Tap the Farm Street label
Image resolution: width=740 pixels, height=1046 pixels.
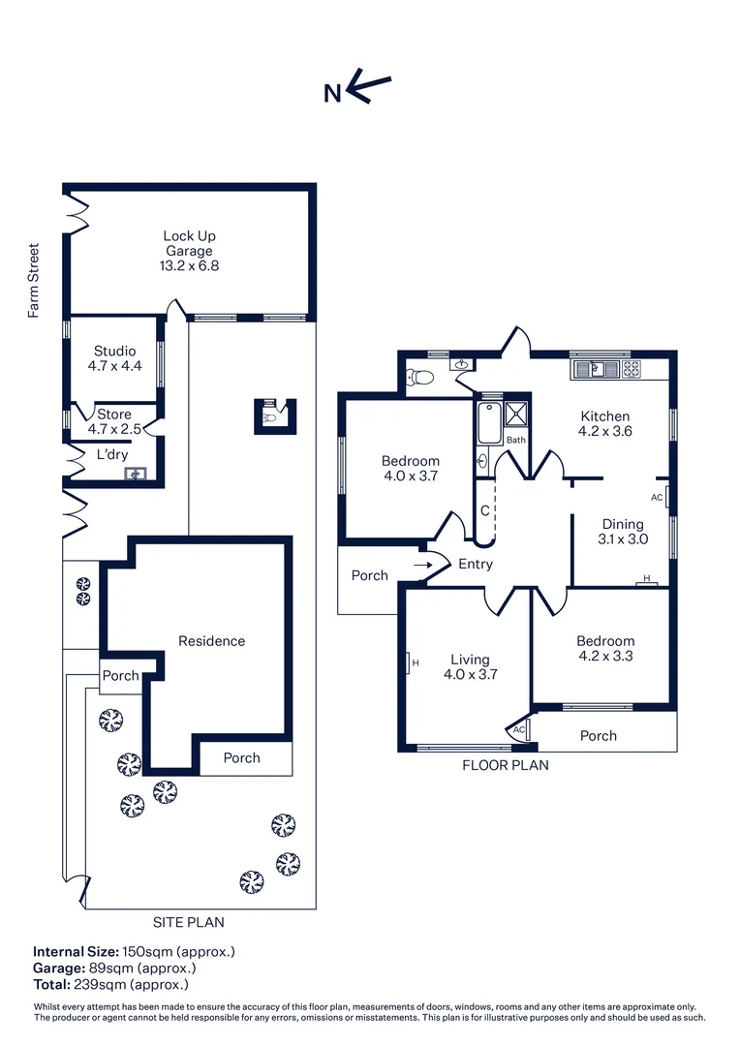tap(33, 280)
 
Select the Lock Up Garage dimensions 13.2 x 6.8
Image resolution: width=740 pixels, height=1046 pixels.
tap(189, 265)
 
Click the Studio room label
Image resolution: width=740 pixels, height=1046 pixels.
tap(114, 351)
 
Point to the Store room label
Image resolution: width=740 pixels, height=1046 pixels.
tap(114, 415)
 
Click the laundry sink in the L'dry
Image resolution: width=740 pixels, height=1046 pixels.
tap(136, 475)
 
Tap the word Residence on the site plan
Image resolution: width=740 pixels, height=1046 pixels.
tap(211, 641)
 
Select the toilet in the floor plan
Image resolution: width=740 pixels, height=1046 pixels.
tap(420, 378)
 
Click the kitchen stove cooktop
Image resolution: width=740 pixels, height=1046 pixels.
tap(632, 369)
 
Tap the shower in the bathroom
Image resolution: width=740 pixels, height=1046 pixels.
tap(516, 415)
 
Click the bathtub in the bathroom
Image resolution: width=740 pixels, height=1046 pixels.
tap(490, 421)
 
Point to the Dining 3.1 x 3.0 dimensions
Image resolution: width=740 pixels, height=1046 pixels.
tap(623, 539)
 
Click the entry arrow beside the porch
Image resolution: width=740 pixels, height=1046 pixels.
tap(423, 566)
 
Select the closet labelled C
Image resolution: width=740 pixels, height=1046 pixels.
tap(485, 511)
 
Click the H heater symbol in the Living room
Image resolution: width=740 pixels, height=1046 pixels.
tap(409, 663)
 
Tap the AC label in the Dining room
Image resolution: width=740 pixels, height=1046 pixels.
tap(657, 498)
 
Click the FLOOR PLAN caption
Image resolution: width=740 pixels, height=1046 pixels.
tap(506, 766)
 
